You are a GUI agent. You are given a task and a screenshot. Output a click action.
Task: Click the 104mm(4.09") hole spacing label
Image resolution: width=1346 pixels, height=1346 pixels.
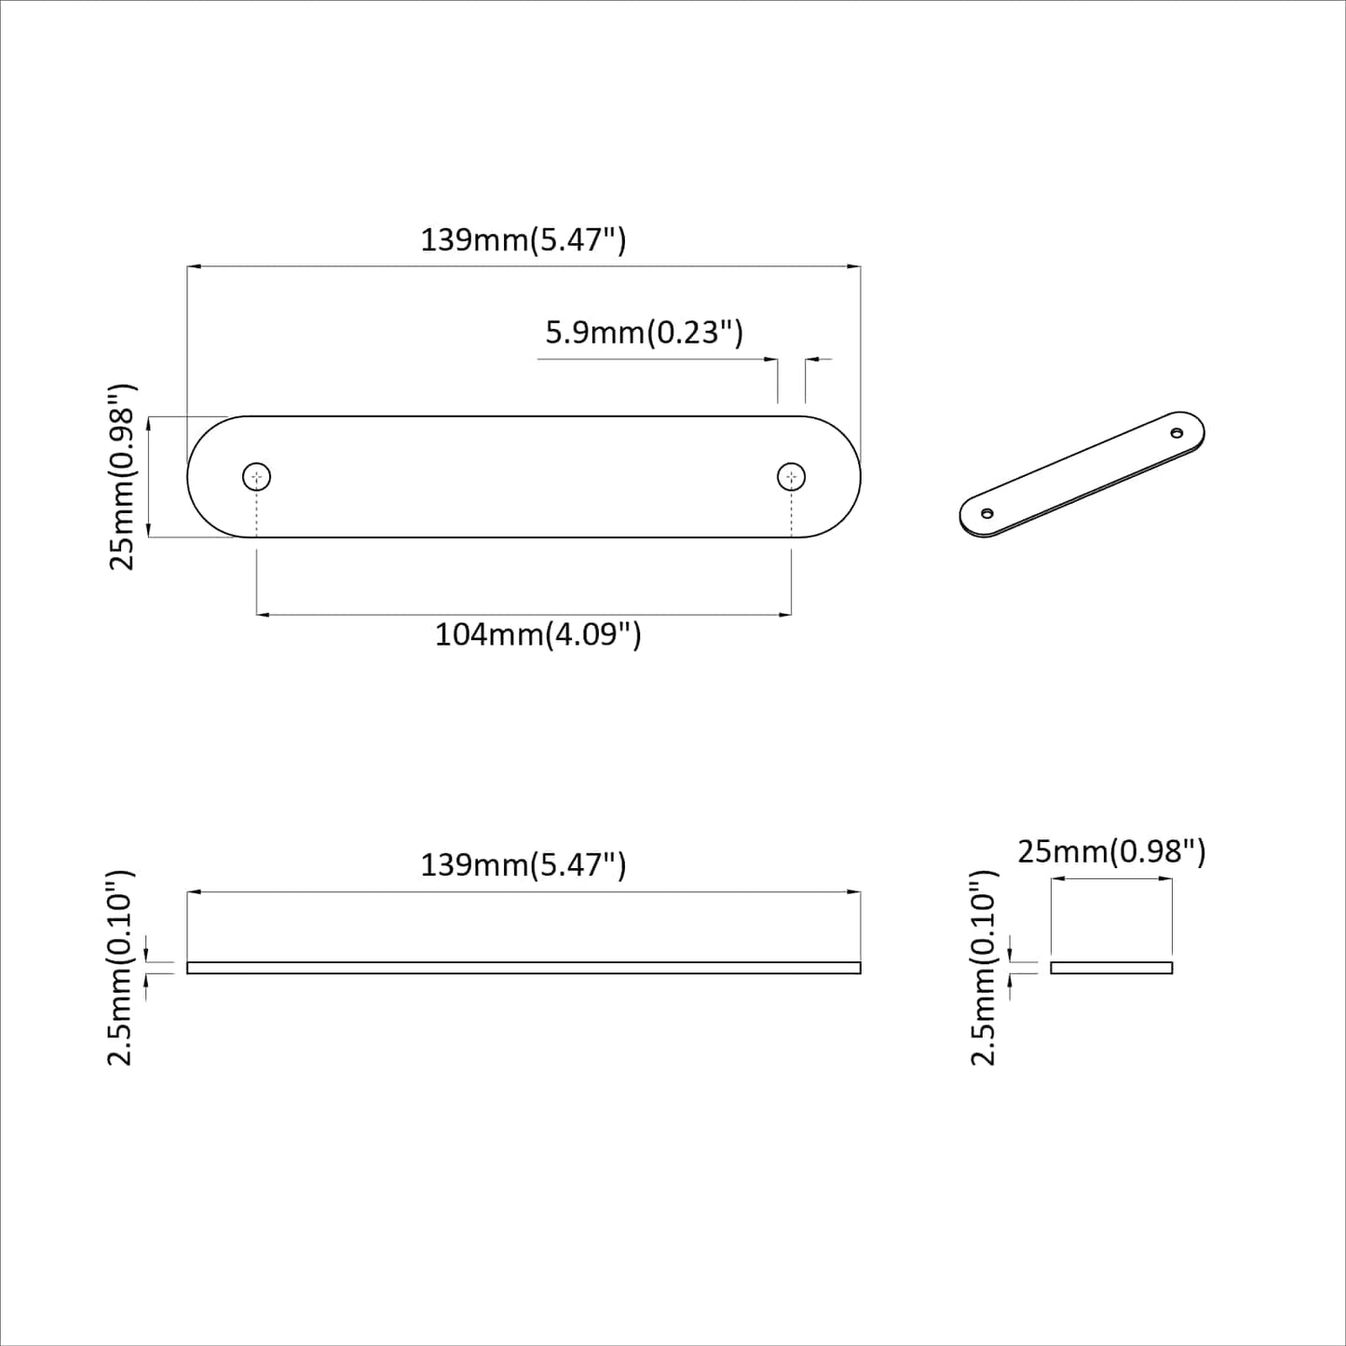coord(537,635)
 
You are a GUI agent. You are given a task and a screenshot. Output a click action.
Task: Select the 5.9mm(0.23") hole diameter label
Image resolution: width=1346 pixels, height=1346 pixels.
coord(644,332)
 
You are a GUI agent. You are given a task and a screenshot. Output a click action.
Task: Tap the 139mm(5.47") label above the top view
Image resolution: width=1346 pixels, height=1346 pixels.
coord(523,240)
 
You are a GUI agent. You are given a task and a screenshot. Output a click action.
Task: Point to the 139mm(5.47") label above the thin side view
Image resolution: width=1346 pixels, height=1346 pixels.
coord(523,864)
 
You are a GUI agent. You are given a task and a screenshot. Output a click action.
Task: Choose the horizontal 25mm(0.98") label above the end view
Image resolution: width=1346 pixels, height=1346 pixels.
coord(1110,851)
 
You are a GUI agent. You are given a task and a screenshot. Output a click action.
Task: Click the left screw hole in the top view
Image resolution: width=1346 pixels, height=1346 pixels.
coord(256,477)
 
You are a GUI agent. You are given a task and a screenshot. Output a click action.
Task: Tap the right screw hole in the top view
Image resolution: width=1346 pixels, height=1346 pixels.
coord(791,477)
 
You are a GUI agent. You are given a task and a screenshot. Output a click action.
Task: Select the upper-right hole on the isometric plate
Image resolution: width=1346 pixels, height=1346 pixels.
coord(1176,433)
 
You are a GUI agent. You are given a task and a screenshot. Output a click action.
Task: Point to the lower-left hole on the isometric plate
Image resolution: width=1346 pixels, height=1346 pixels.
coord(987,512)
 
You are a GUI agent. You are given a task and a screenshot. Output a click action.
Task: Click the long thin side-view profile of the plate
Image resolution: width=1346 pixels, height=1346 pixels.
coord(523,968)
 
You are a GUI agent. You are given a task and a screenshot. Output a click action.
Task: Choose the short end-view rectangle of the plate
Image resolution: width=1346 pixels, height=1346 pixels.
coord(1110,968)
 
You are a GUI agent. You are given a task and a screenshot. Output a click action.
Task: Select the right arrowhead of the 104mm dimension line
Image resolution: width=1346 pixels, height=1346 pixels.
coord(784,615)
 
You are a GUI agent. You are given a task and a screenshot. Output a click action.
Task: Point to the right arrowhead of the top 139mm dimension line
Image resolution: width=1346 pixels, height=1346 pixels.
coord(853,267)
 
